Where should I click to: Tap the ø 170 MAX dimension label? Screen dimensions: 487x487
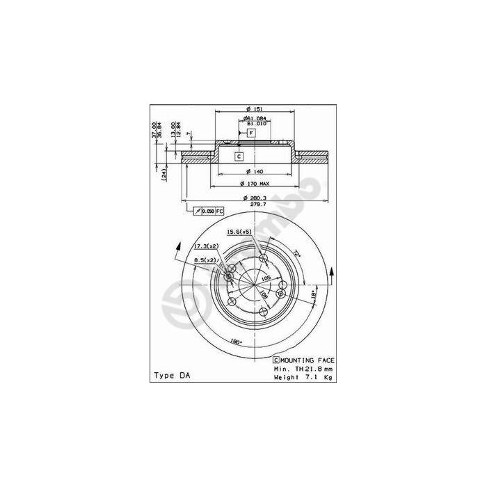coord(254,184)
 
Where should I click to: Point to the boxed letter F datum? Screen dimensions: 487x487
coord(252,132)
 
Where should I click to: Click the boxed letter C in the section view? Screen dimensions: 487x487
coord(239,157)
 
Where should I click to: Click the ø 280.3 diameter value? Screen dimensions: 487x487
coord(255,198)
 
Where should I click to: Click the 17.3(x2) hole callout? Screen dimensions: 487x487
coord(206,246)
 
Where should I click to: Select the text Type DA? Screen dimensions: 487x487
coord(171,376)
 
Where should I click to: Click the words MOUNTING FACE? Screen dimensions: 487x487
coord(308,360)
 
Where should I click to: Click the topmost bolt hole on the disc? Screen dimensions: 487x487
coord(263,259)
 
